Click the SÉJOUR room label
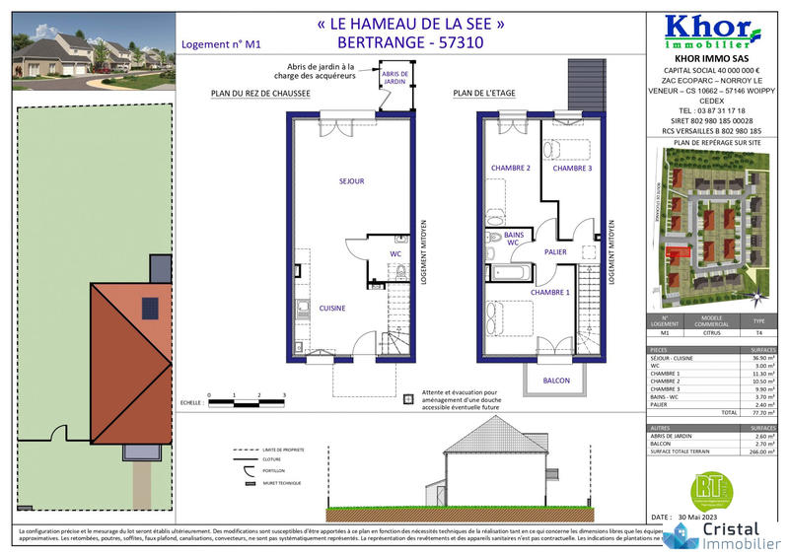351,181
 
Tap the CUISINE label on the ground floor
331,309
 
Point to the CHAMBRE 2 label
511,169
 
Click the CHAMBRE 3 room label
572,169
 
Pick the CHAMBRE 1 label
550,293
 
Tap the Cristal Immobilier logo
725,533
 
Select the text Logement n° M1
222,43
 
